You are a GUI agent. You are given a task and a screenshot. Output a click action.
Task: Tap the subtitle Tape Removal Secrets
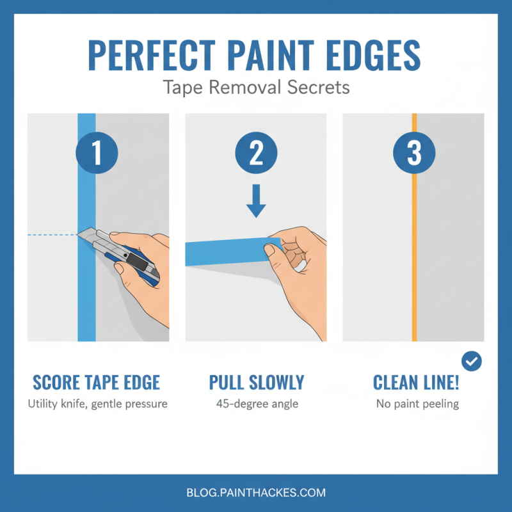click(256, 87)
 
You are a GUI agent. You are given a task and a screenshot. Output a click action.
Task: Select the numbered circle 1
click(97, 154)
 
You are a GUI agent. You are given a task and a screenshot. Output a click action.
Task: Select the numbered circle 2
click(255, 154)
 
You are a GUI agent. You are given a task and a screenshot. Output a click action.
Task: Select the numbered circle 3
click(414, 154)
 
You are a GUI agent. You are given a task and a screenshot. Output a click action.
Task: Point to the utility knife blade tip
click(78, 236)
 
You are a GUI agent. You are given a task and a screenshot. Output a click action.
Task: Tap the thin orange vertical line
click(414, 256)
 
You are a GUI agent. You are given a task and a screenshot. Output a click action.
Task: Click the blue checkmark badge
click(472, 362)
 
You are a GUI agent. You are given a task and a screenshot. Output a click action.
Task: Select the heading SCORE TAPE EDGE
click(96, 383)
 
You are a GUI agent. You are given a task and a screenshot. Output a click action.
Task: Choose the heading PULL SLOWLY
click(256, 383)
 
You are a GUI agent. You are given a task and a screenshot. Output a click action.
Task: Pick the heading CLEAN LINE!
click(414, 383)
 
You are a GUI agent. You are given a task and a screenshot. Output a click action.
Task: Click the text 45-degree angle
click(256, 404)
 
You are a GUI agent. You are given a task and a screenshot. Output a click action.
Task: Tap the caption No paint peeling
click(414, 404)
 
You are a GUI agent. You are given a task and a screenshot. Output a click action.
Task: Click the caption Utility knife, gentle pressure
click(96, 404)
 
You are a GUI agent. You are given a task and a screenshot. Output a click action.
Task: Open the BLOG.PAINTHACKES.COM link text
click(256, 493)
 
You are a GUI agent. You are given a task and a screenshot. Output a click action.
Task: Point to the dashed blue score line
click(51, 236)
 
